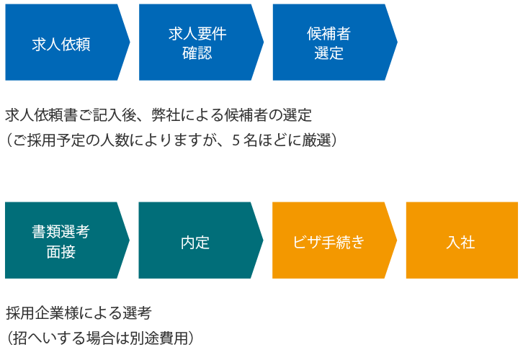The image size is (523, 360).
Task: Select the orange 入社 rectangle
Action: click(462, 240)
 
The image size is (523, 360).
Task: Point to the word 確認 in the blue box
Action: click(197, 53)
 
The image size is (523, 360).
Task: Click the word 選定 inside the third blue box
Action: click(329, 53)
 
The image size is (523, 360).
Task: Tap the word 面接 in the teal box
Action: click(61, 252)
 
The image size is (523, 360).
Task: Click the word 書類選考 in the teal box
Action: click(61, 232)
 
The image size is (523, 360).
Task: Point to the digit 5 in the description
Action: click(236, 140)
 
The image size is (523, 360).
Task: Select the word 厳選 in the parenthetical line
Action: click(316, 140)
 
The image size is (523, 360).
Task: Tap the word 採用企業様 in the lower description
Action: click(43, 313)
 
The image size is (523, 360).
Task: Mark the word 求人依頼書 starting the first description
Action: click(42, 115)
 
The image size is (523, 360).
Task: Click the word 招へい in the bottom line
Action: click(35, 338)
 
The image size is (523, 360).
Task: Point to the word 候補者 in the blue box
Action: click(329, 33)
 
